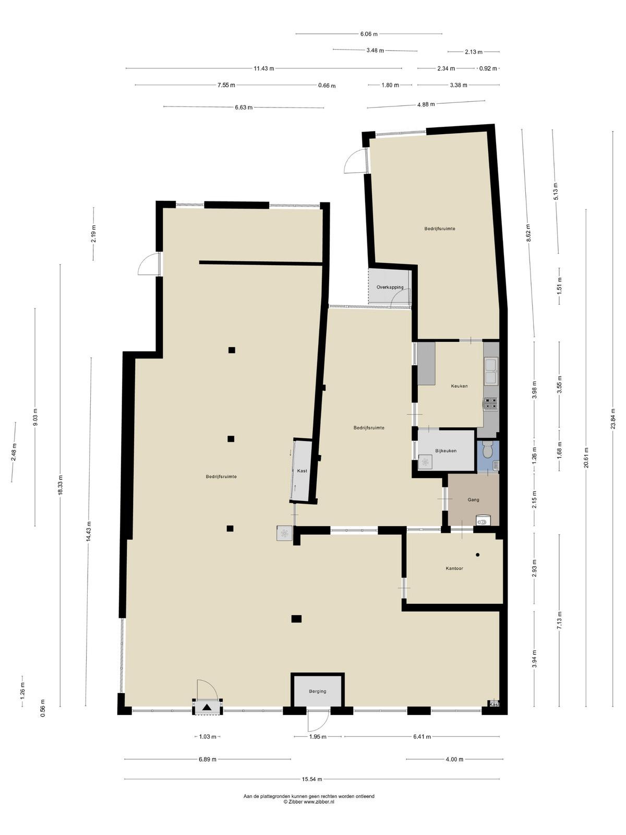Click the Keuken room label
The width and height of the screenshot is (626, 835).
click(x=459, y=386)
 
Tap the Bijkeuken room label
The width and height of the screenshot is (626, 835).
click(x=446, y=451)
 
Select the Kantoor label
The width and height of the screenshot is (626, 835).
click(x=454, y=568)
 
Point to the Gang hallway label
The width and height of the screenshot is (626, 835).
click(x=473, y=499)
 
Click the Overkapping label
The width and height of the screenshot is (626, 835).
click(x=390, y=287)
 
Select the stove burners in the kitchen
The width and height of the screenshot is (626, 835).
click(x=490, y=403)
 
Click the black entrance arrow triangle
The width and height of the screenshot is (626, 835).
click(x=207, y=707)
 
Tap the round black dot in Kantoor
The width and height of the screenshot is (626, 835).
click(x=477, y=555)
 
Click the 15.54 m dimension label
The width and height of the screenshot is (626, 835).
click(x=311, y=779)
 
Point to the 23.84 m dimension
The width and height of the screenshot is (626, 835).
click(x=612, y=419)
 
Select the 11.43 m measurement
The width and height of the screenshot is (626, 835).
click(x=264, y=69)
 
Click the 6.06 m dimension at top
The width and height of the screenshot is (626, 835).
click(x=369, y=34)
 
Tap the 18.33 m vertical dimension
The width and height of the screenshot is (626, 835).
click(x=60, y=484)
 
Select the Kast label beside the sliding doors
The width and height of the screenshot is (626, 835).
click(x=302, y=471)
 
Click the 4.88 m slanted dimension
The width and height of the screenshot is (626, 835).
click(x=426, y=104)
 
